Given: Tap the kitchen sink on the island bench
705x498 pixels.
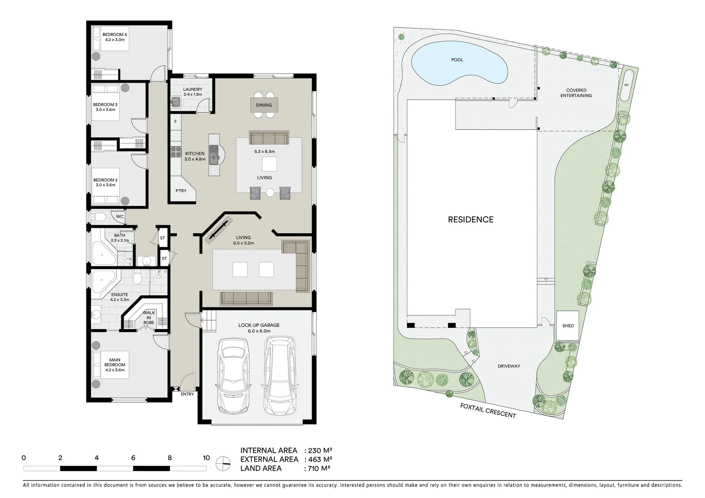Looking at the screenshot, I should [214, 154].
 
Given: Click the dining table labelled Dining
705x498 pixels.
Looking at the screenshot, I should [264, 105].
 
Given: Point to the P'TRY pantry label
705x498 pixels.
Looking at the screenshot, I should [181, 190].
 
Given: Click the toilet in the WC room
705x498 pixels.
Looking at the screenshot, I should [99, 216].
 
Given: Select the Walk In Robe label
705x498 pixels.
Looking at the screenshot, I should [148, 318].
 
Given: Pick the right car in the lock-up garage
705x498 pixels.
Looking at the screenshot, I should [280, 374].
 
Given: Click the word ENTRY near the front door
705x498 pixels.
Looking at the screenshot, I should [187, 394].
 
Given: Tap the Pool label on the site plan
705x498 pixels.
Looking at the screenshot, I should [457, 60].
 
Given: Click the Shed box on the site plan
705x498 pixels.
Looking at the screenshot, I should [568, 326].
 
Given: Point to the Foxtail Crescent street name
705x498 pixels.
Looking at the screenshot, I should [488, 410].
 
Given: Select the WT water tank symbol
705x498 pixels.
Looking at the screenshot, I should [627, 85].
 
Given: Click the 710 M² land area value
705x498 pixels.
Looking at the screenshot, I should [319, 468].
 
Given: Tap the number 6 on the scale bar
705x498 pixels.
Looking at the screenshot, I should [133, 458].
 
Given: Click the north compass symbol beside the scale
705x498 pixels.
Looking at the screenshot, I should [223, 463].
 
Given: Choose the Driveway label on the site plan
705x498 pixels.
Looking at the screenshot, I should [509, 366].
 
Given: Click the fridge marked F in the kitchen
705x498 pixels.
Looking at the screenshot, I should [176, 122].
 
